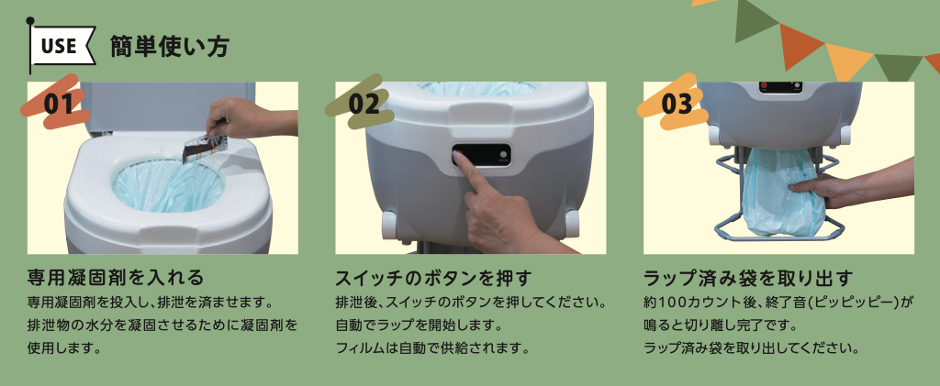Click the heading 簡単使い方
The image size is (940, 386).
click(169, 47)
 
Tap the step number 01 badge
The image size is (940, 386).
click(58, 103)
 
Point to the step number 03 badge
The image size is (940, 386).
click(677, 103)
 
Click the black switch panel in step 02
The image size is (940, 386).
click(482, 155)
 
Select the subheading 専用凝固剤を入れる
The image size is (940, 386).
click(117, 278)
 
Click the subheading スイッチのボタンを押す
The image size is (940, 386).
click(433, 278)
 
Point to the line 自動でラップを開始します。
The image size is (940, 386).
click(418, 325)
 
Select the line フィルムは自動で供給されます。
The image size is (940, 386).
click(432, 347)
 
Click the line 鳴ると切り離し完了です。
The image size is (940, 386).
click(720, 325)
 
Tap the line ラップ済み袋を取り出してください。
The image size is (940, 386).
click(753, 347)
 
